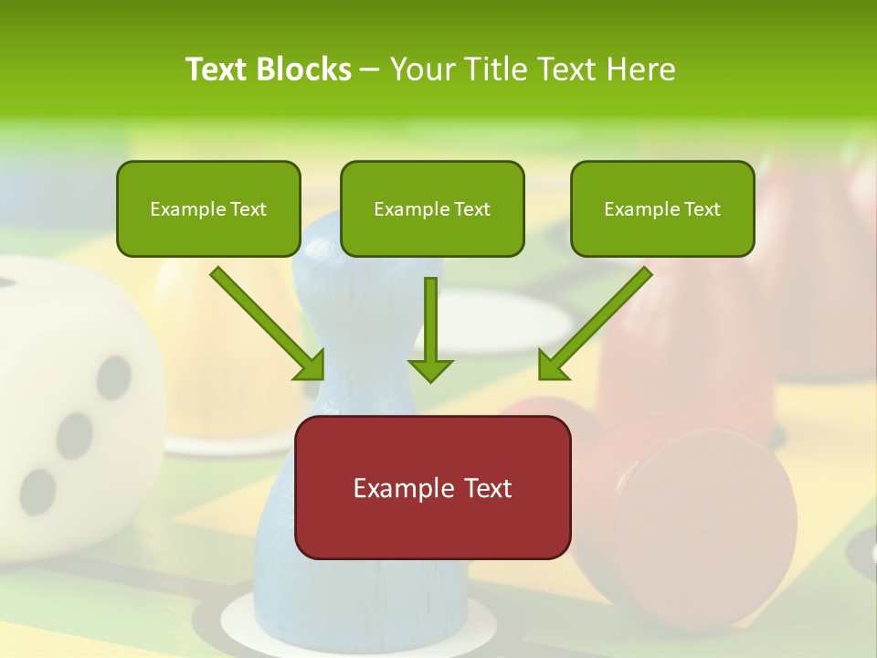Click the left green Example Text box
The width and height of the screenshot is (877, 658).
[208, 208]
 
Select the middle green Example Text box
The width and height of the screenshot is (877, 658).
[432, 208]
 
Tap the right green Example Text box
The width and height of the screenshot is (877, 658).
[662, 208]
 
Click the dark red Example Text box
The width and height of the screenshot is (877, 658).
[432, 487]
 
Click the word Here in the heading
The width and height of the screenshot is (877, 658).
[642, 69]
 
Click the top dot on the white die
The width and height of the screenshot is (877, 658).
[115, 377]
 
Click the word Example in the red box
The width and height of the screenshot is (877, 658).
[396, 488]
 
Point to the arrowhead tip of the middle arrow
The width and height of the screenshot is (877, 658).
[430, 379]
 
